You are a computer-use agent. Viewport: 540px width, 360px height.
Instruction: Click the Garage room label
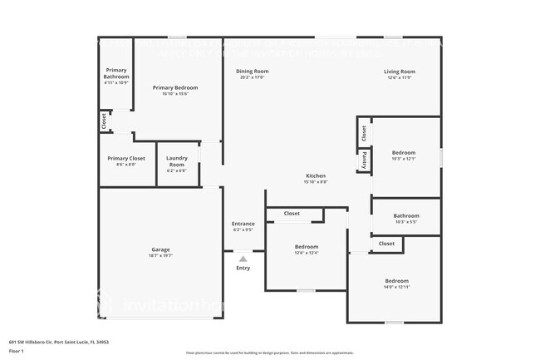(160, 249)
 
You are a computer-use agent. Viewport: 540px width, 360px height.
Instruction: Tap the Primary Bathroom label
(116, 74)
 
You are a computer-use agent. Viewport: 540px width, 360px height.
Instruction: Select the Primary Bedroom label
(174, 87)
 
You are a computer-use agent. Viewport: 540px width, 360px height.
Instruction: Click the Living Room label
(400, 72)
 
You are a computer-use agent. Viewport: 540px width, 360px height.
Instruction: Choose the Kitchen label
(317, 176)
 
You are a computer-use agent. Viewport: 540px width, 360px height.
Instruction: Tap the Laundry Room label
(177, 160)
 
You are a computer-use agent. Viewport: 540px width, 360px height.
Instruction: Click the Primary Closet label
(126, 158)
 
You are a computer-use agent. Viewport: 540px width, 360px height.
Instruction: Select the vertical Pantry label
(364, 160)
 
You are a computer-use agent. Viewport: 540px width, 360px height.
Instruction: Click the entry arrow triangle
(243, 259)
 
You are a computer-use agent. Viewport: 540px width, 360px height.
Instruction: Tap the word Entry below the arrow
(243, 268)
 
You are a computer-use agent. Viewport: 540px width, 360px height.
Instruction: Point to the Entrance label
(243, 224)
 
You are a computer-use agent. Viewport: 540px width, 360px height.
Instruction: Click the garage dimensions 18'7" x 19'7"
(160, 255)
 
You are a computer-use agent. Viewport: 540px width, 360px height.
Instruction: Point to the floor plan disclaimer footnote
(270, 353)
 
